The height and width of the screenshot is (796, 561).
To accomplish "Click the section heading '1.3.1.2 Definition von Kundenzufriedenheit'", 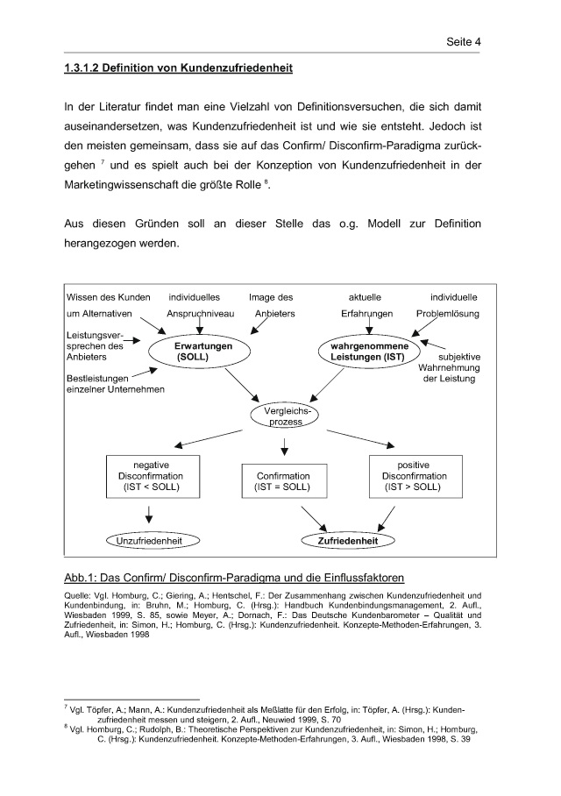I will pos(178,68).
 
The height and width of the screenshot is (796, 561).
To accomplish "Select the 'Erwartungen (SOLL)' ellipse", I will pos(201,352).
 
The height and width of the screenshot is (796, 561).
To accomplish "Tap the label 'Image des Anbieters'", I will pos(273,304).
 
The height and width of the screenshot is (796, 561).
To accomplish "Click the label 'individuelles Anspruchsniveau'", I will pos(200,304).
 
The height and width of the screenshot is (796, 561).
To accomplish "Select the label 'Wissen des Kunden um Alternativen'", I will pos(109,304).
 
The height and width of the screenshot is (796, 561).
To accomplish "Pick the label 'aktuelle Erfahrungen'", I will pos(366,304).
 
